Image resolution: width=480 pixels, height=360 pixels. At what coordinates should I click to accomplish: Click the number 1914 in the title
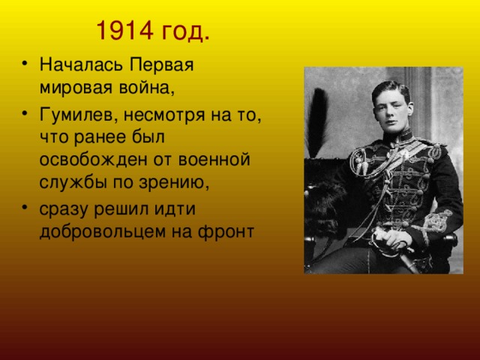point(124,31)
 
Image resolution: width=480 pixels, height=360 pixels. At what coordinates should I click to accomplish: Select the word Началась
point(81,64)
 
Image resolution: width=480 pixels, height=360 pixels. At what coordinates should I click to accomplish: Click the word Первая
point(161,65)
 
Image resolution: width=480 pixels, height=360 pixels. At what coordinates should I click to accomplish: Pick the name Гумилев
point(79,116)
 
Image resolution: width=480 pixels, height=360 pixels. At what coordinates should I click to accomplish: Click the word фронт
point(226,232)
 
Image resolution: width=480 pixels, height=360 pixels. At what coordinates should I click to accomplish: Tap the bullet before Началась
point(25,64)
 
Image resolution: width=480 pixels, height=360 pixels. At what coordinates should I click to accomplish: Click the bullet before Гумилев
point(25,113)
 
